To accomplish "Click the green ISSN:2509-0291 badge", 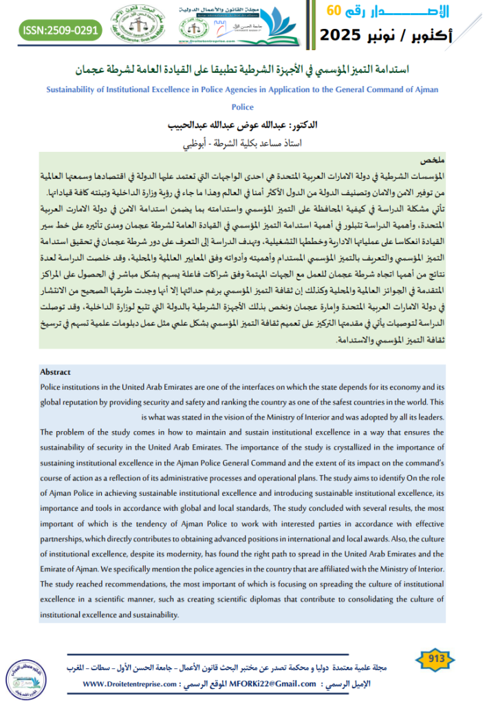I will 59,30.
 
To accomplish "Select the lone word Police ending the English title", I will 244,107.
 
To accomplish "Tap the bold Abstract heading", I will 56,372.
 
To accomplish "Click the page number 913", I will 435,658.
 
